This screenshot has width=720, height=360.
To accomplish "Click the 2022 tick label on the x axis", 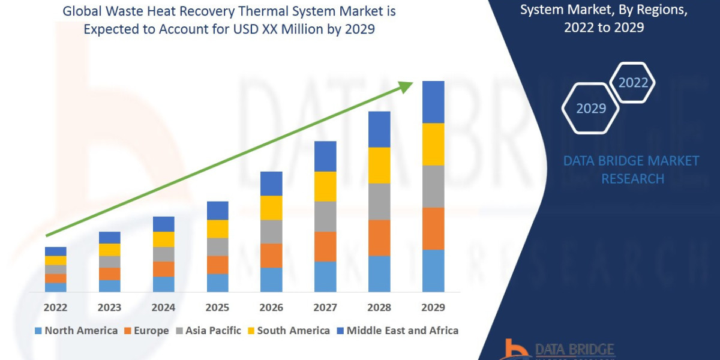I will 55,308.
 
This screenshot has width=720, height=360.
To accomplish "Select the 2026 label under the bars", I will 271,308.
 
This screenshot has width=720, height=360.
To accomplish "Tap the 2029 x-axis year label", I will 433,308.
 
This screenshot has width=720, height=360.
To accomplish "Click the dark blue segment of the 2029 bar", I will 433,102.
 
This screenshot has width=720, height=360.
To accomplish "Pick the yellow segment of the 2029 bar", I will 433,144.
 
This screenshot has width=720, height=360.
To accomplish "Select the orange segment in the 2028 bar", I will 379,238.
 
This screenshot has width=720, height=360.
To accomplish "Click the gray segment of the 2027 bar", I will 325,216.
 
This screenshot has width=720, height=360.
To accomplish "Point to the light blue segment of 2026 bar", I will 271,280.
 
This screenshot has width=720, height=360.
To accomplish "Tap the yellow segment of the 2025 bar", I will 217,229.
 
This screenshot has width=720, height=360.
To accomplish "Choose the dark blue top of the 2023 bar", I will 109,238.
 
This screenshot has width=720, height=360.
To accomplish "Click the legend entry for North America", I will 76,331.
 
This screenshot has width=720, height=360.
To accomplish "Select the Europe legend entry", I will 146,331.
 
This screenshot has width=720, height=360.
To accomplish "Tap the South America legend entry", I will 288,331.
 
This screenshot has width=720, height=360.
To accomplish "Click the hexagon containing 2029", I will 590,109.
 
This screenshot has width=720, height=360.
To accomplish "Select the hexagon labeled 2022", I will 633,83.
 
